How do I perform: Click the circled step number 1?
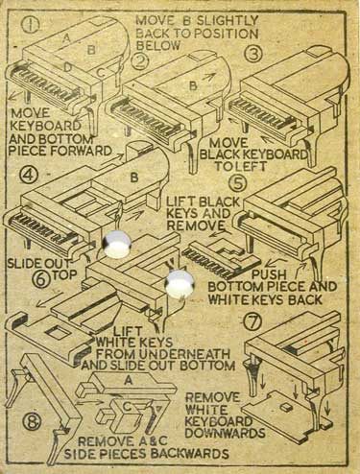(x=31, y=26)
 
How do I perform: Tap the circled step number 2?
(x=138, y=62)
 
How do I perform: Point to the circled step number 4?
(x=29, y=175)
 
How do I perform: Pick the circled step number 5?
(x=238, y=183)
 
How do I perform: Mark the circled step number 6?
(x=42, y=279)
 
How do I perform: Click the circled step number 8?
(x=32, y=423)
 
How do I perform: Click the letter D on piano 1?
(x=67, y=67)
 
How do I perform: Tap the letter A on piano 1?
(x=66, y=38)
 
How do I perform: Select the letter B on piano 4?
(x=134, y=178)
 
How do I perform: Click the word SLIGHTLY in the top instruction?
(x=227, y=21)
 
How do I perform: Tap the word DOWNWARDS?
(x=225, y=434)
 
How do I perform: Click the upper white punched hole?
(x=117, y=244)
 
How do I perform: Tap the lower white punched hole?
(x=180, y=284)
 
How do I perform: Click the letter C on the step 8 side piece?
(x=127, y=407)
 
